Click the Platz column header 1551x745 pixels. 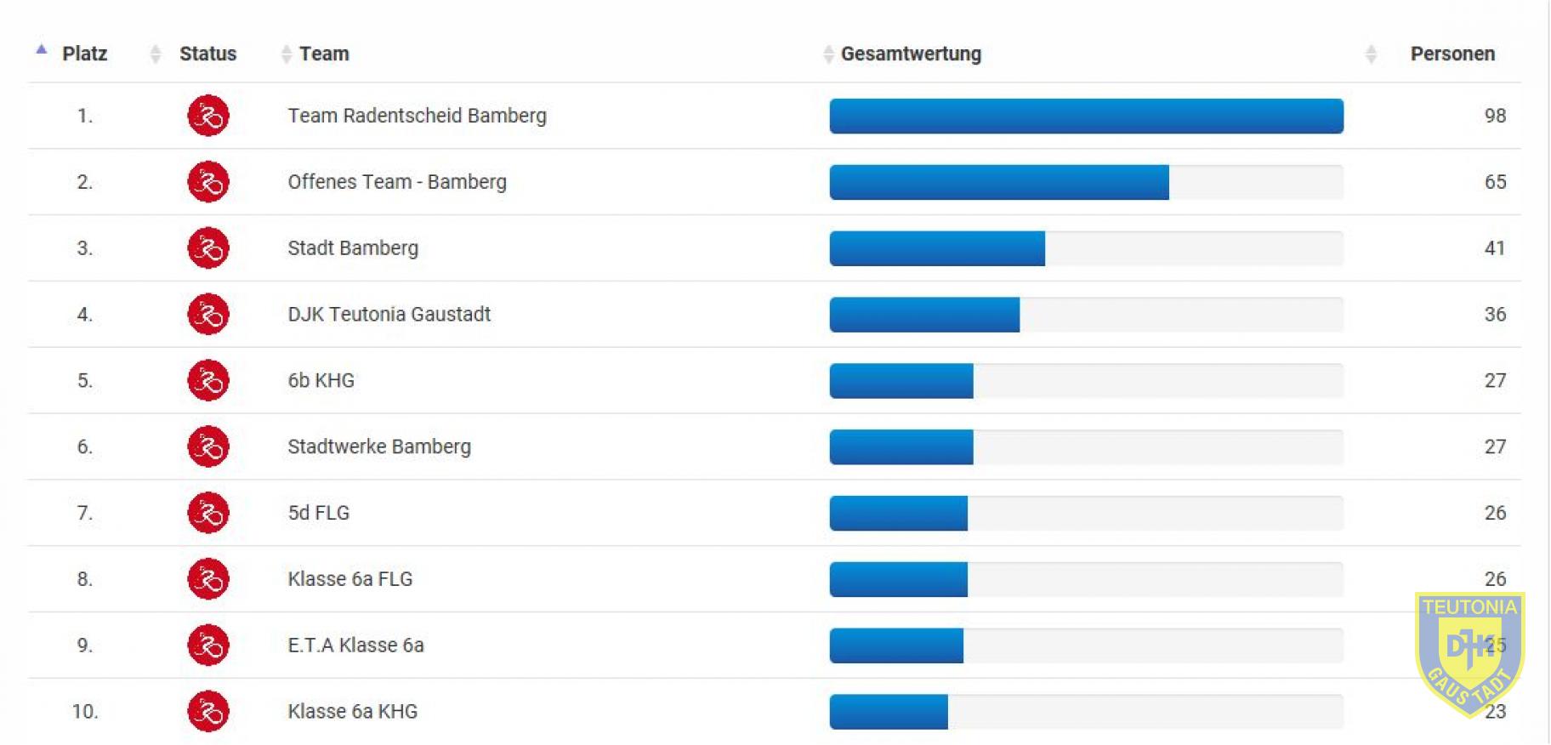click(84, 54)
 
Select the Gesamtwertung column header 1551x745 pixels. click(911, 54)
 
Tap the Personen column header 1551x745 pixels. click(1452, 54)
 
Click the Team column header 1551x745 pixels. click(324, 54)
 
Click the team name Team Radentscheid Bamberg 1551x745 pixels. click(417, 116)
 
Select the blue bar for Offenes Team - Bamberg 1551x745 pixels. click(999, 182)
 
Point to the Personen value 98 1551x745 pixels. click(1495, 116)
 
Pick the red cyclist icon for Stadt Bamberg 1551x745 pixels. click(208, 248)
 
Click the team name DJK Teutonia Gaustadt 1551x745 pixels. click(389, 315)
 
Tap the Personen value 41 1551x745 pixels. click(1494, 248)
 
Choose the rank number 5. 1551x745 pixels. click(84, 381)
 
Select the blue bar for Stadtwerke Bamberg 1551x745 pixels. click(901, 447)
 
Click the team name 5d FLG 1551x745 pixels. click(318, 513)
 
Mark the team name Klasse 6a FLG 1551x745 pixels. click(349, 579)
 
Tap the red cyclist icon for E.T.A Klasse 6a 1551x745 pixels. click(208, 645)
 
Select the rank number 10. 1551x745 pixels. click(84, 712)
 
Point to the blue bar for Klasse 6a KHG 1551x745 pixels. click(889, 712)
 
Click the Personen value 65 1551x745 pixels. click(1495, 182)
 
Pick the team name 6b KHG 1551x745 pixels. click(321, 381)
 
